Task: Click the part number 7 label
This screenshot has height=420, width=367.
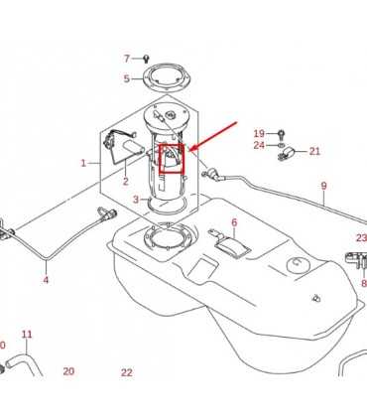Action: [x=127, y=59]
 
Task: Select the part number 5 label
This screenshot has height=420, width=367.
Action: [x=127, y=78]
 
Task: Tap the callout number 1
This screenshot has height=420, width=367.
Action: [x=83, y=163]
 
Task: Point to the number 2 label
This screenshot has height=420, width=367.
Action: [x=126, y=181]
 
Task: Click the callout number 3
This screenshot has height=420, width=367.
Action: [x=136, y=200]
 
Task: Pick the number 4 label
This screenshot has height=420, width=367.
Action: [x=46, y=280]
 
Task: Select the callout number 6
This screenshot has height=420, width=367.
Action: [x=234, y=222]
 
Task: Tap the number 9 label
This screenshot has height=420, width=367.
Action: [x=323, y=186]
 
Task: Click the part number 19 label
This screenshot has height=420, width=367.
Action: [x=259, y=133]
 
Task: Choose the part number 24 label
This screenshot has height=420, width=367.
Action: [x=259, y=145]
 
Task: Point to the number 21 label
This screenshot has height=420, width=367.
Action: [x=314, y=151]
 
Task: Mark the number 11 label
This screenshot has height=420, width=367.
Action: [x=27, y=335]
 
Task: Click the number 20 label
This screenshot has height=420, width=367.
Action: [x=68, y=371]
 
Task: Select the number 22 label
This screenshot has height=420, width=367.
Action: [x=127, y=372]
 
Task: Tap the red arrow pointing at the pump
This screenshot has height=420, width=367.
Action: [x=213, y=136]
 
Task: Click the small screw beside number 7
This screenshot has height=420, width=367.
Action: [x=146, y=59]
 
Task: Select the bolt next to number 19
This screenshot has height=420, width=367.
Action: [x=281, y=134]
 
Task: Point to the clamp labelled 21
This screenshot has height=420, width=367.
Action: [x=286, y=154]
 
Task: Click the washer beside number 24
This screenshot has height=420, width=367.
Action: [x=281, y=145]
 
